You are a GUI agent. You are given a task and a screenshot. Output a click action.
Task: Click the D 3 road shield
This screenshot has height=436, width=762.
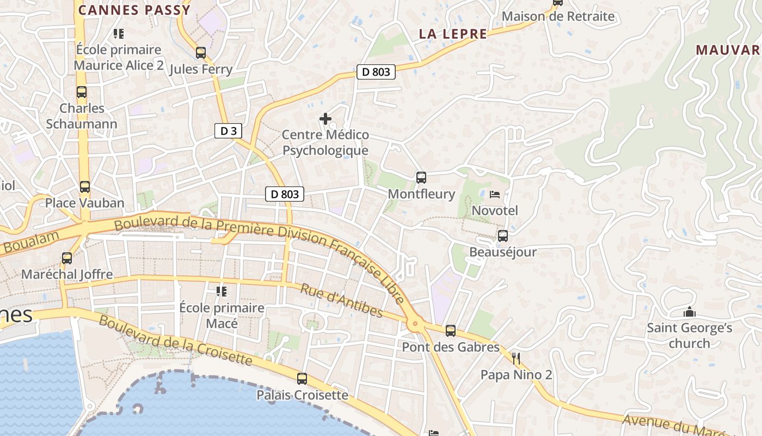click(x=228, y=131)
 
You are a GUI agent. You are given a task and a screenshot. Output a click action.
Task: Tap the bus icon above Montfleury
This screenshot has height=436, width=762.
click(x=421, y=177)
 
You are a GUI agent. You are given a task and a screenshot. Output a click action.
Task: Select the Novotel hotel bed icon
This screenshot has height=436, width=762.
click(x=495, y=194)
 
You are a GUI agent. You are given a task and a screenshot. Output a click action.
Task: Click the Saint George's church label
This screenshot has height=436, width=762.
click(x=689, y=336)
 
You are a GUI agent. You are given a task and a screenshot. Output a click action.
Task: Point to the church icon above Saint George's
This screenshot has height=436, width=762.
click(x=690, y=312)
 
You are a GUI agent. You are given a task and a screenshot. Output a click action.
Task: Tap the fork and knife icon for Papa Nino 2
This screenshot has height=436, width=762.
click(x=517, y=358)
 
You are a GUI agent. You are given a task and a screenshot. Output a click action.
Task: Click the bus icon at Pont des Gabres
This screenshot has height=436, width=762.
click(x=450, y=330)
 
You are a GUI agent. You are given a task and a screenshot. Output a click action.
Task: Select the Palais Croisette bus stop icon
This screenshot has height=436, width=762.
click(x=302, y=378)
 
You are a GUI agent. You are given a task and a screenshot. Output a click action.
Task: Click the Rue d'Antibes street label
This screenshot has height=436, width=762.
click(x=341, y=299)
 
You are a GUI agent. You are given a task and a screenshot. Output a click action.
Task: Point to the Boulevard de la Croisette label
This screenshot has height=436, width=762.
click(x=175, y=341)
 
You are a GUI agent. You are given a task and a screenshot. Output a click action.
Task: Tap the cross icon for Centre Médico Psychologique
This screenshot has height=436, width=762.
click(x=325, y=118)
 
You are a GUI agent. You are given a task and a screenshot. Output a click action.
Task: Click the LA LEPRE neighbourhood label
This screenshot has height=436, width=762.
click(x=453, y=34)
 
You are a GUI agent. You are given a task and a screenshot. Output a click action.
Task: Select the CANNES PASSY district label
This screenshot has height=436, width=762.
click(x=134, y=10)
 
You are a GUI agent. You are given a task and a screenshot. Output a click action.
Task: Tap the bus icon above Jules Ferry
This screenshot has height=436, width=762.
click(x=201, y=53)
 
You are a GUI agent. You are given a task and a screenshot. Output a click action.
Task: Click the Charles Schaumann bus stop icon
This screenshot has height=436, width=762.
click(x=82, y=92)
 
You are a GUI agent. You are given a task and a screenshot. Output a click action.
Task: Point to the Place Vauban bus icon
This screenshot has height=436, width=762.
click(x=85, y=187)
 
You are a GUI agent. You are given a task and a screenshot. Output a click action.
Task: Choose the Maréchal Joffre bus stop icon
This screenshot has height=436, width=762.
click(x=67, y=258)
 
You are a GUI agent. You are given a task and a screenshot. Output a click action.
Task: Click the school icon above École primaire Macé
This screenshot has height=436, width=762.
click(x=222, y=292)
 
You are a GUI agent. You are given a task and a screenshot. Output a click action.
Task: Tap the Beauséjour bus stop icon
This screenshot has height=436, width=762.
click(x=503, y=236)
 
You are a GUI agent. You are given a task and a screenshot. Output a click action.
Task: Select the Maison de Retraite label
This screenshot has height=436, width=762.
click(x=558, y=16)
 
